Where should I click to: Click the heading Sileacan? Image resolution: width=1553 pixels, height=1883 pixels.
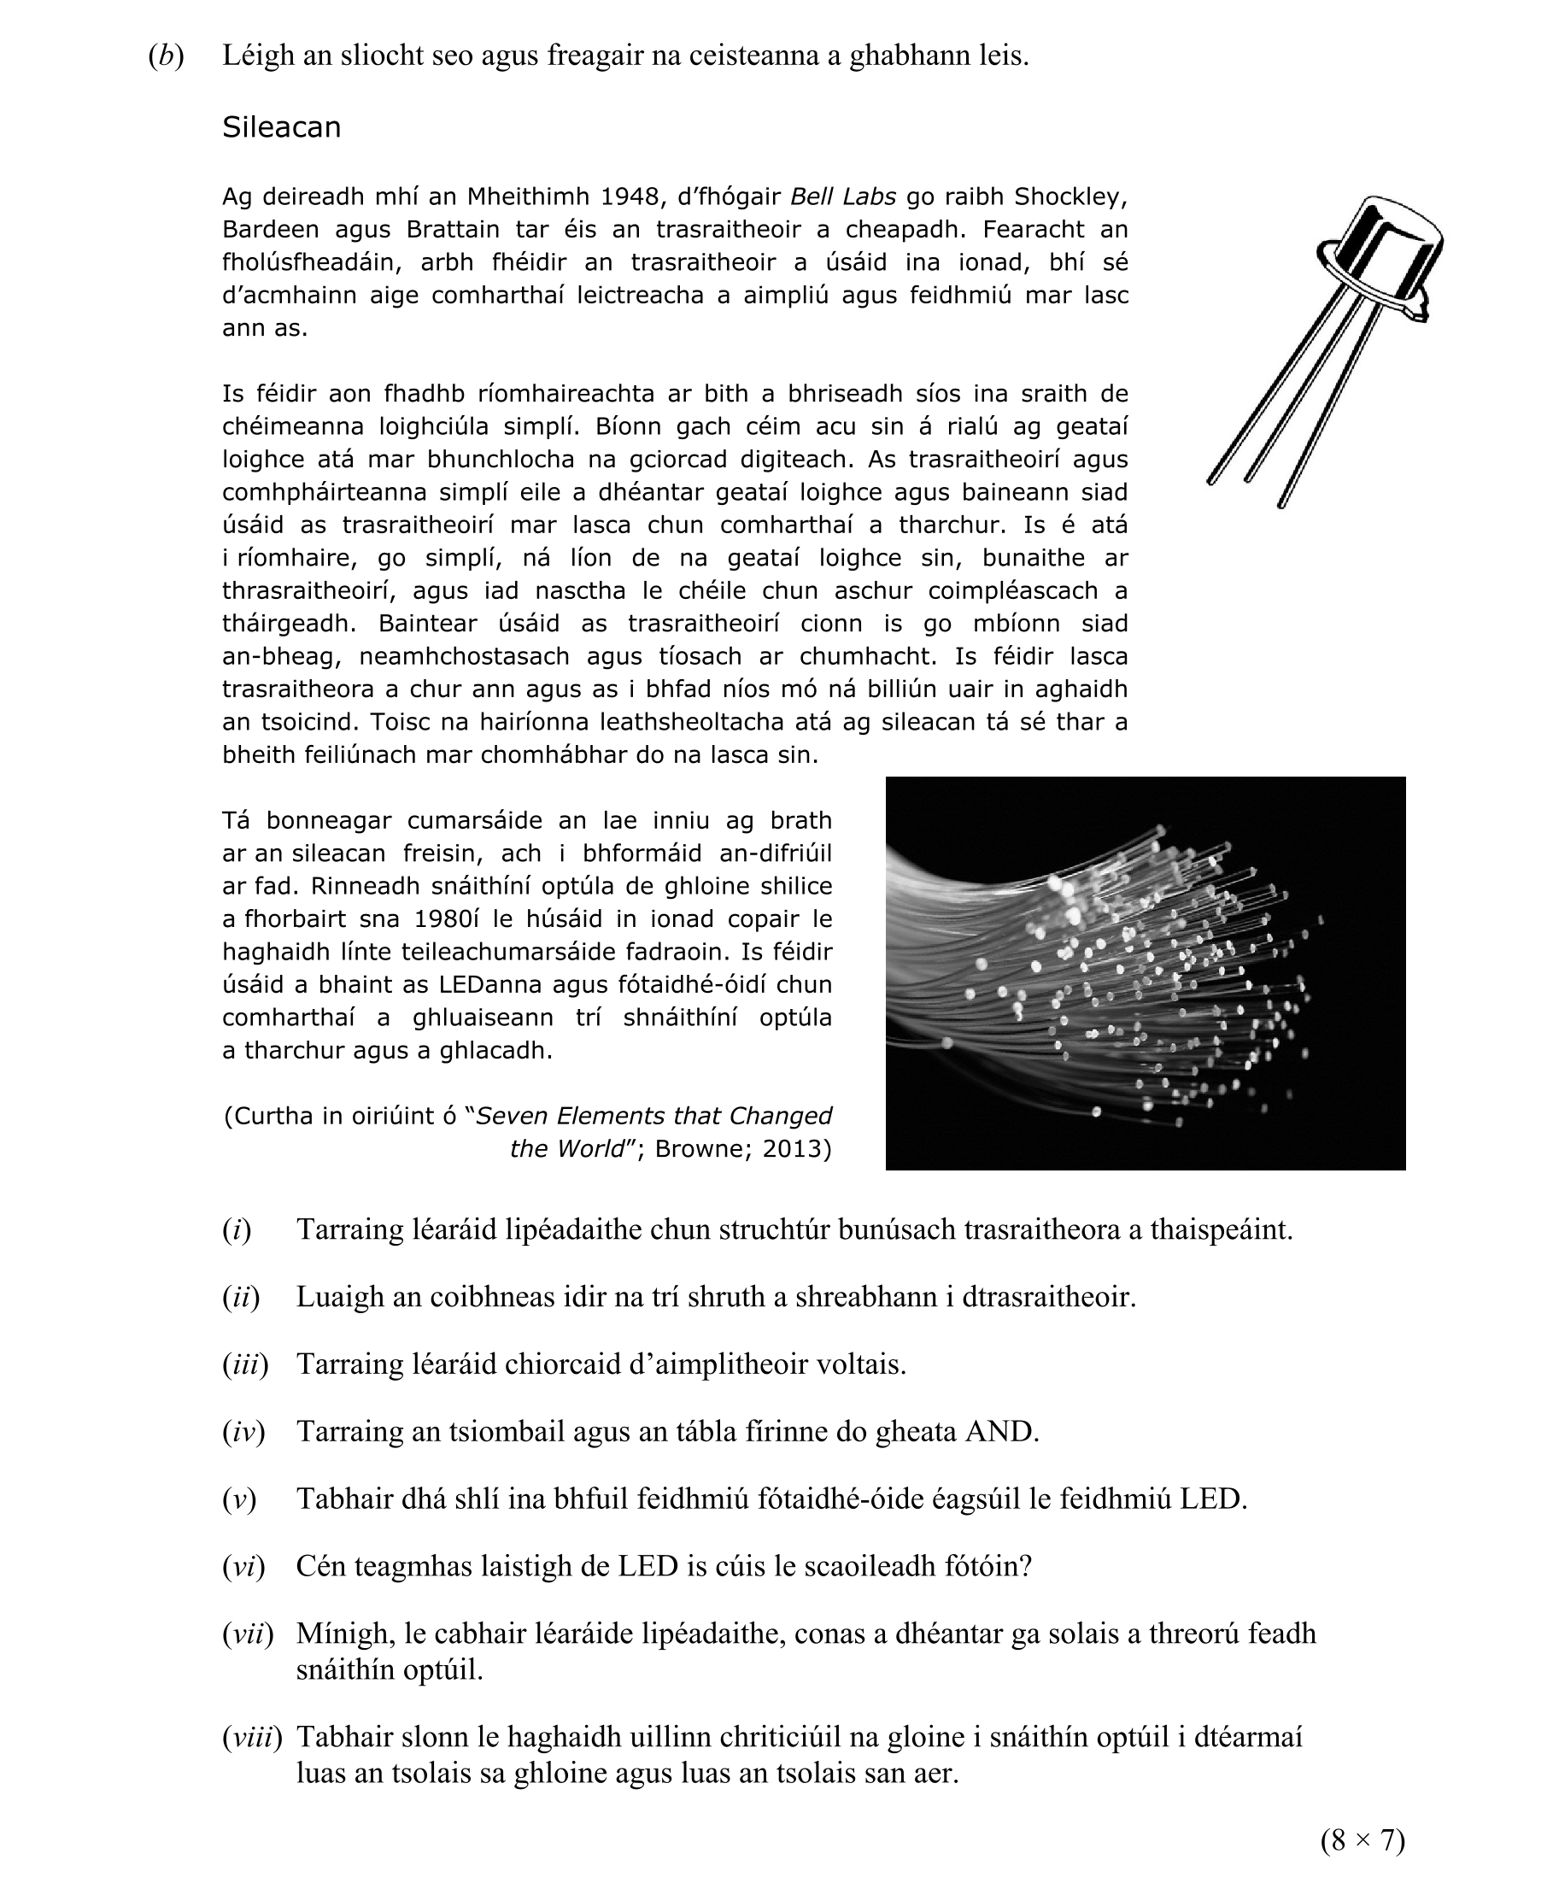281,127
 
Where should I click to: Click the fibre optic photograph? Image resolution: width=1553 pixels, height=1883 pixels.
1145,972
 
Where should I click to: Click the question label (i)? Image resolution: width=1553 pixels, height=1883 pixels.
237,1230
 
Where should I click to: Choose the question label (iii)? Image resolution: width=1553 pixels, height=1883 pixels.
245,1364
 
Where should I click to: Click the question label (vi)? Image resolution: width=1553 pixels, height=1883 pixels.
243,1566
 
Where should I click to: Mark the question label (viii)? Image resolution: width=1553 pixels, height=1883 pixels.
251,1737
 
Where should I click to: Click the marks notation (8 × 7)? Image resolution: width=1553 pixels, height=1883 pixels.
1363,1840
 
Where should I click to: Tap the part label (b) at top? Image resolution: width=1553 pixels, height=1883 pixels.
166,56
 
